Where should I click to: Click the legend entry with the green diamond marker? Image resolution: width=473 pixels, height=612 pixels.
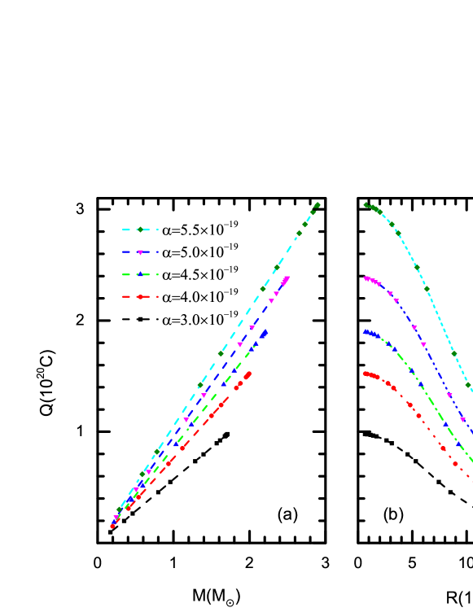[x=139, y=229]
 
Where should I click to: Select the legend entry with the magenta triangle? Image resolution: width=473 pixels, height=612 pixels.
[x=139, y=252]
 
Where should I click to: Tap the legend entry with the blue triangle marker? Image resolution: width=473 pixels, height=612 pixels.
[x=139, y=274]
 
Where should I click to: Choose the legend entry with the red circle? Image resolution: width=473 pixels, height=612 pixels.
[x=139, y=296]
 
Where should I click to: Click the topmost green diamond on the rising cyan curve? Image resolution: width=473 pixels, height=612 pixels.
[x=317, y=205]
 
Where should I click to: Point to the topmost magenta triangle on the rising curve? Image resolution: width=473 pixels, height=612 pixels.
[x=287, y=278]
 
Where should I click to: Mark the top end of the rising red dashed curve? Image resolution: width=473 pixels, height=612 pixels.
[x=249, y=374]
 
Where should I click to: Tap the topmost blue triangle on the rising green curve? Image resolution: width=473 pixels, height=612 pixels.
[x=265, y=332]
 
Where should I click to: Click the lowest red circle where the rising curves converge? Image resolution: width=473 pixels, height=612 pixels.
[x=112, y=526]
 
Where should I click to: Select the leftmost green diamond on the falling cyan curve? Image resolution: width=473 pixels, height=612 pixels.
[x=366, y=205]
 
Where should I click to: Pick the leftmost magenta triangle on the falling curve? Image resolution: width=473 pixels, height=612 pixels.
[x=366, y=278]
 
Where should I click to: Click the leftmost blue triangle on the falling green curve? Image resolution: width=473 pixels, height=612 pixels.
[x=366, y=332]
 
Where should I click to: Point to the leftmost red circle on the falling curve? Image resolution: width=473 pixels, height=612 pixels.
[x=366, y=374]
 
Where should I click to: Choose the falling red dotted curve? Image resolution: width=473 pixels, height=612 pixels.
[x=431, y=431]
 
